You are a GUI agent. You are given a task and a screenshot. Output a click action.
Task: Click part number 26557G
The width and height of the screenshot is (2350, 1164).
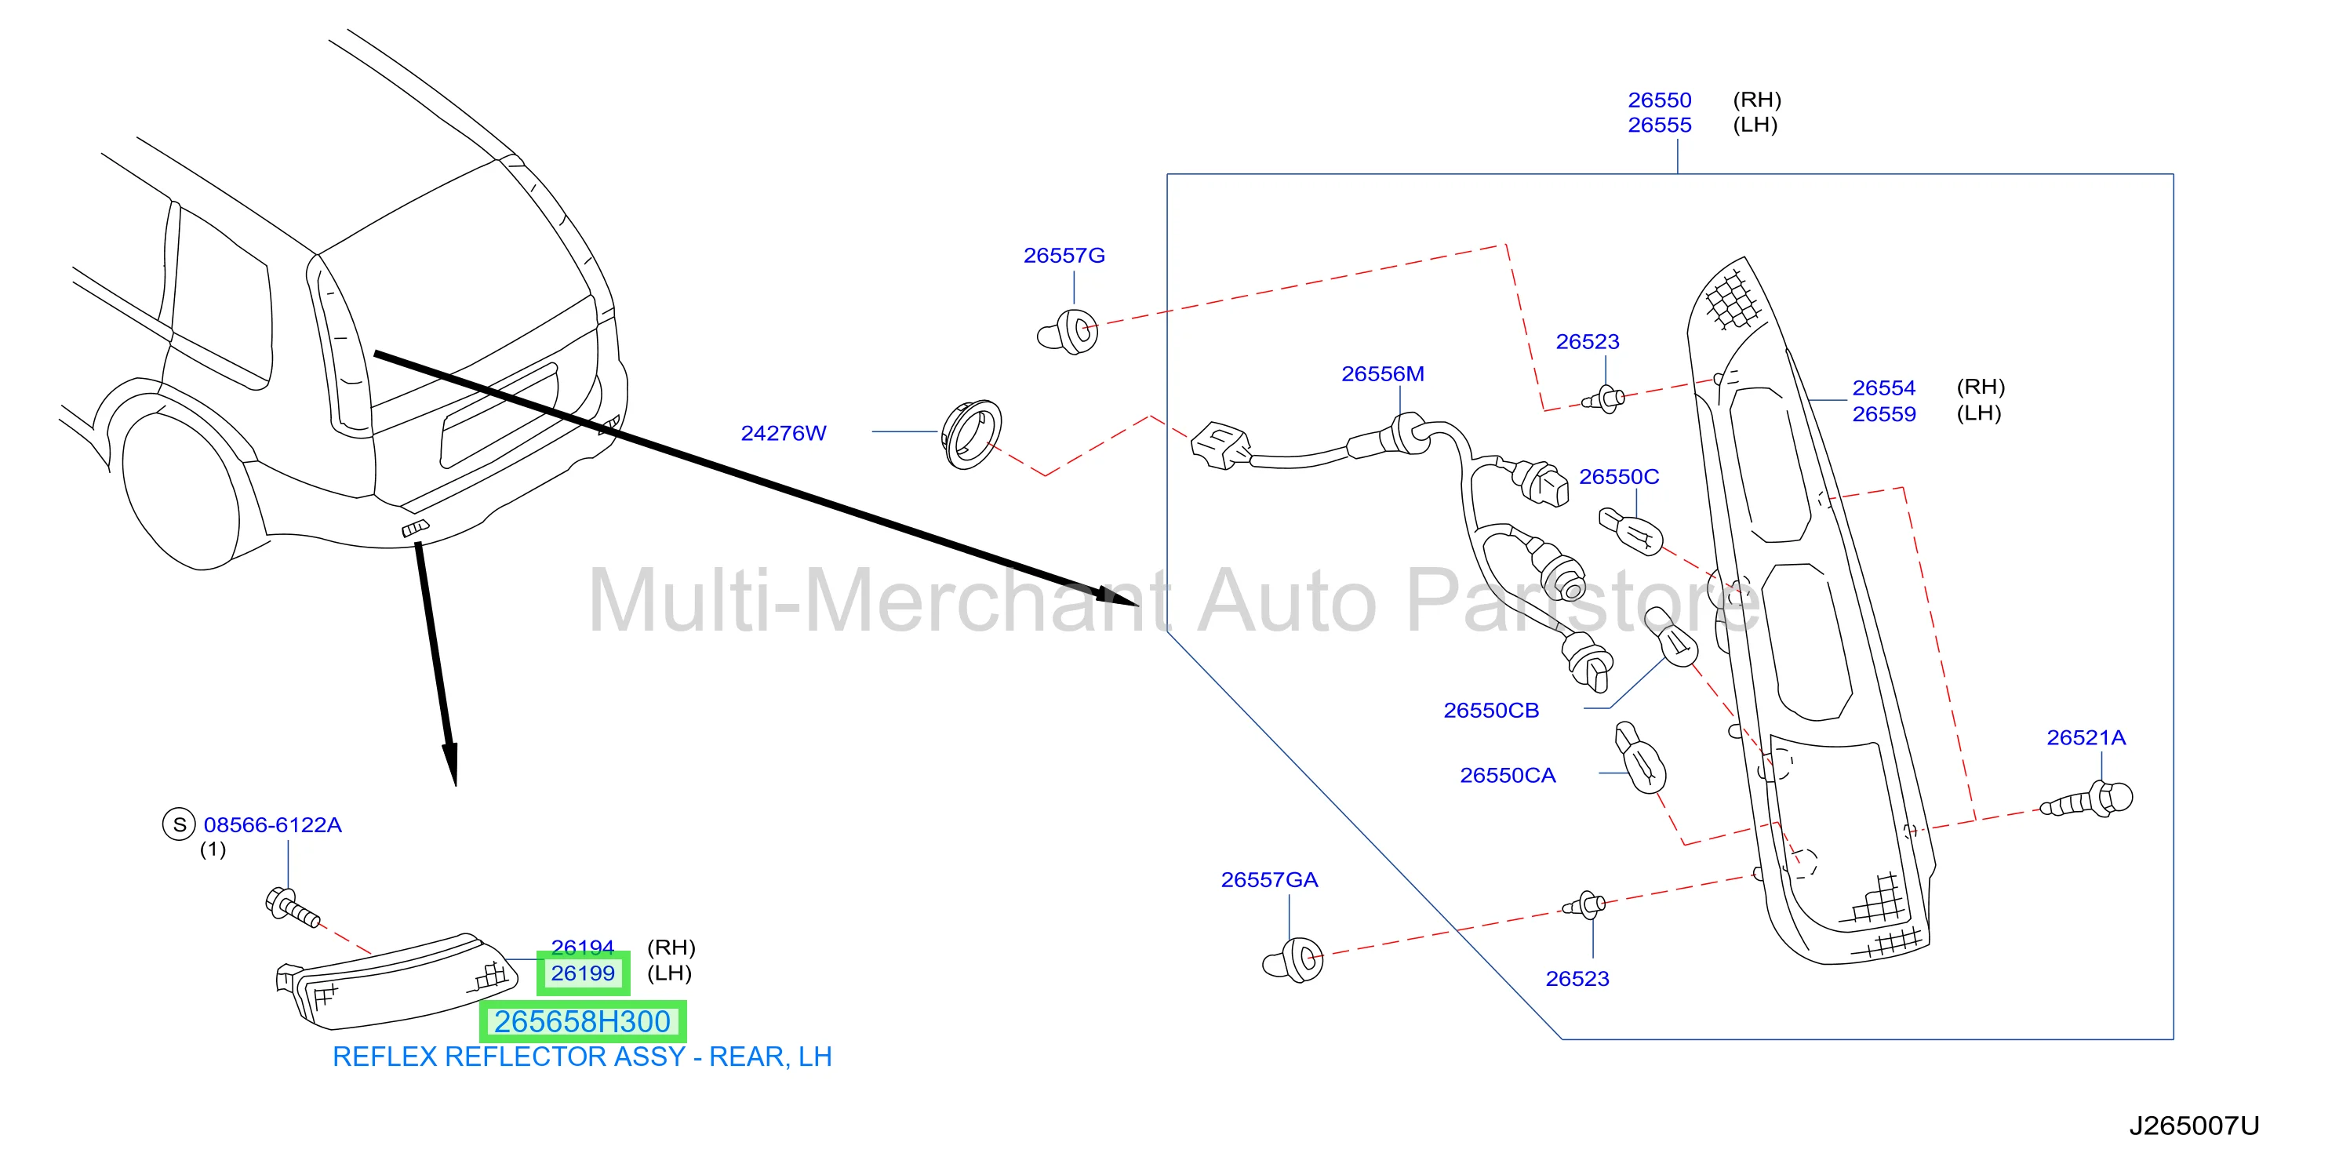(1064, 256)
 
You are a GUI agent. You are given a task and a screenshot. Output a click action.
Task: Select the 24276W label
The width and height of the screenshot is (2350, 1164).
(784, 432)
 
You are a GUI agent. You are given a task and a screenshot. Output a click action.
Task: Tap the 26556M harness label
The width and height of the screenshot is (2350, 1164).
(1382, 373)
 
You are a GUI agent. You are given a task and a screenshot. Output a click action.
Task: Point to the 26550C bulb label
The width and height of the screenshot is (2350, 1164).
(1618, 476)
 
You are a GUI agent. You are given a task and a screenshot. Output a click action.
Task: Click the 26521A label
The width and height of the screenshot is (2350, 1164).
(2086, 737)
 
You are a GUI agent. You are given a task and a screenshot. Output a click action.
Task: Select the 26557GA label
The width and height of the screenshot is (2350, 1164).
(1269, 879)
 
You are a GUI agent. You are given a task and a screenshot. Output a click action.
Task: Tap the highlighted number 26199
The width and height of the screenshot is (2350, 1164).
(583, 973)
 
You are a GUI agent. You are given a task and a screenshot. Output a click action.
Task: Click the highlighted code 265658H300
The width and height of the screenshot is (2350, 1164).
(583, 1022)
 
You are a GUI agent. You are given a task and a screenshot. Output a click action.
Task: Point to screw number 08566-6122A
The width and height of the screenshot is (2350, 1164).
(272, 824)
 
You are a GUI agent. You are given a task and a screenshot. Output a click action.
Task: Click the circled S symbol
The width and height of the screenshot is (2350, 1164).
(179, 824)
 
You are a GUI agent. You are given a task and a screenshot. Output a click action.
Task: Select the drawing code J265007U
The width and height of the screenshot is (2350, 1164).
(2194, 1126)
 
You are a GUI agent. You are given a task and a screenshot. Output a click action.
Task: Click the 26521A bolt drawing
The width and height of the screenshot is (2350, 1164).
(2088, 800)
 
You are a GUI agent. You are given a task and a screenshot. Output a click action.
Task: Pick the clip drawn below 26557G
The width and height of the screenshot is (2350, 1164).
(1068, 332)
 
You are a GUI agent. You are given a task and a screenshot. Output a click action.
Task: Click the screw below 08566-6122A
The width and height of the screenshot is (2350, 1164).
(291, 907)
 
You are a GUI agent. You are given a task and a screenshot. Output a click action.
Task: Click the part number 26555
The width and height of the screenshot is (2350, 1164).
(1660, 125)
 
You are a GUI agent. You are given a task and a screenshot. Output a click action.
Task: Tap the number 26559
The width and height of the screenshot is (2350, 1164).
(1884, 413)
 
